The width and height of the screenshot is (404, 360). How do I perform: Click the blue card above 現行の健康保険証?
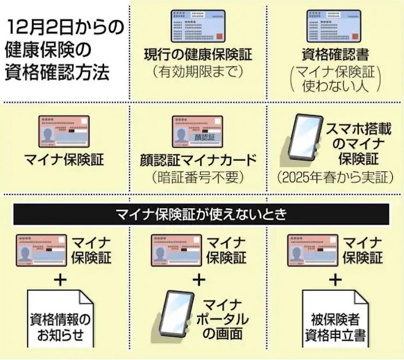click(x=198, y=26)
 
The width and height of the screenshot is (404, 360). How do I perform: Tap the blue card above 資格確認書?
click(x=333, y=26)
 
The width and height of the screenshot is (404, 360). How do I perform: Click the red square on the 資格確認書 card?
click(x=355, y=36)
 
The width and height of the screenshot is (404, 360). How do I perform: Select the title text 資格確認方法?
click(x=57, y=72)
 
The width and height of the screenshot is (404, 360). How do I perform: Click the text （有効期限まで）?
click(x=198, y=71)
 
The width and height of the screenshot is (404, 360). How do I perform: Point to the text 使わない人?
click(x=335, y=86)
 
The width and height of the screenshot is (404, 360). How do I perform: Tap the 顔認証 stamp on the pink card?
click(x=205, y=137)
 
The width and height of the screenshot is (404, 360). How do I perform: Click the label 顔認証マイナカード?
click(x=198, y=160)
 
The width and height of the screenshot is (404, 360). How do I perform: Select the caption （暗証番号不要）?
click(x=198, y=177)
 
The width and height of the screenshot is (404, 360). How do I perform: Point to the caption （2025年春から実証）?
click(x=335, y=177)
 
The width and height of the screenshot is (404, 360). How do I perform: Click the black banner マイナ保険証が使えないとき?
click(x=201, y=214)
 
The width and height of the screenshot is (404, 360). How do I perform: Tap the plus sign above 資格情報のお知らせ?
click(x=60, y=280)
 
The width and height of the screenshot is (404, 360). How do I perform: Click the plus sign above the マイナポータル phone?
click(x=199, y=280)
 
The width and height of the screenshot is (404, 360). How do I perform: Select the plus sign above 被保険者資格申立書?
click(x=335, y=280)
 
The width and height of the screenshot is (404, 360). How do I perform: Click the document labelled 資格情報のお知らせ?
click(x=60, y=319)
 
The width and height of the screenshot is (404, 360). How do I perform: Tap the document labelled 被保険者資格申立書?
click(x=335, y=319)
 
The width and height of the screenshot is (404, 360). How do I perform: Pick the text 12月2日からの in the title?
click(x=65, y=28)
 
